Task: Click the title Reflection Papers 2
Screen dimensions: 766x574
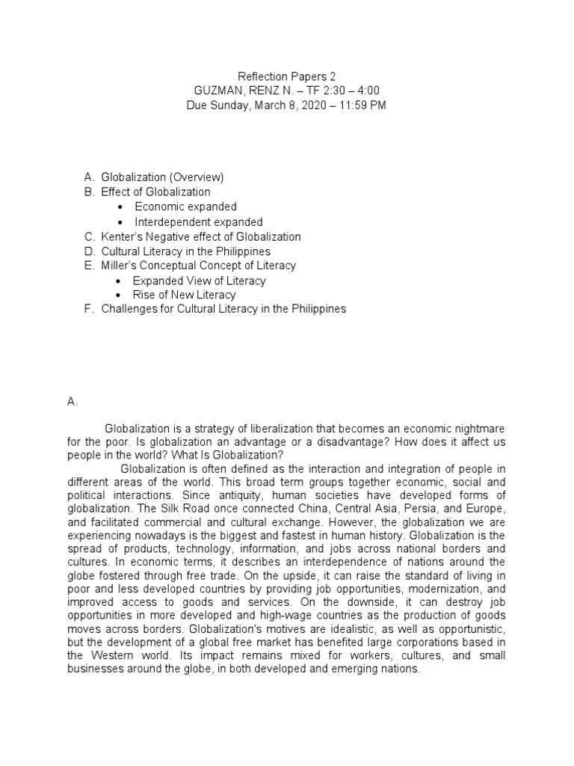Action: tap(286, 76)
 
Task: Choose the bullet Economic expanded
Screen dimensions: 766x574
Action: tap(185, 206)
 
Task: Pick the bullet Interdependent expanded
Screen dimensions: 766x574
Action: tap(198, 221)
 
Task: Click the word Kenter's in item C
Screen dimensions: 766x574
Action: tap(120, 236)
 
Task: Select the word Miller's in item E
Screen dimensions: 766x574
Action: tap(118, 266)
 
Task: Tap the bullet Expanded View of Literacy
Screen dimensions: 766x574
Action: tap(199, 281)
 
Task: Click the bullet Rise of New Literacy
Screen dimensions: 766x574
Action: tap(184, 295)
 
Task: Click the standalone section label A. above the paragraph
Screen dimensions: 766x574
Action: tap(72, 402)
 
